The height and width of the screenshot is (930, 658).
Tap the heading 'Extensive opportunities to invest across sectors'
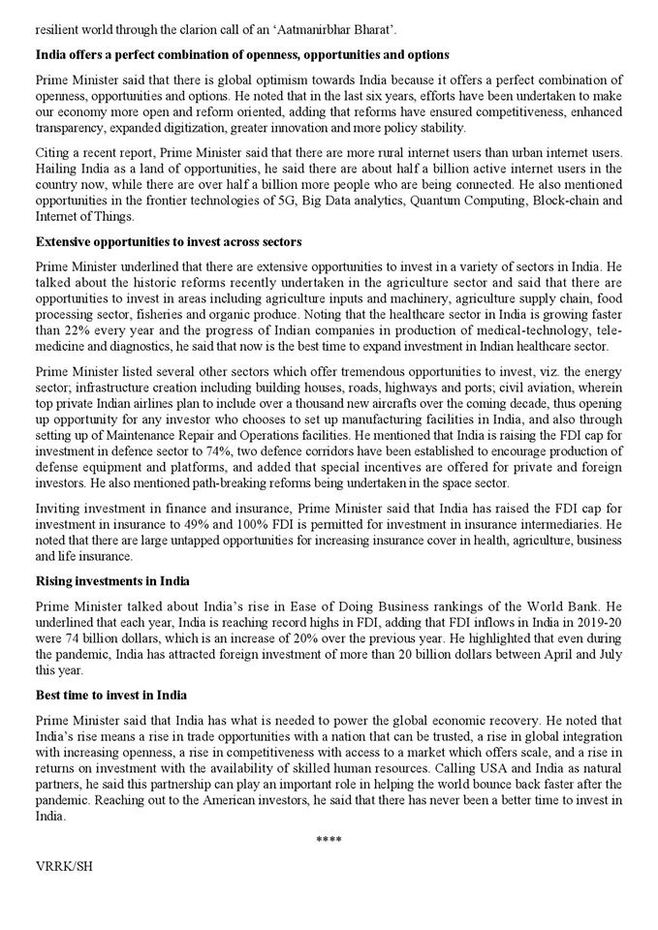tap(169, 241)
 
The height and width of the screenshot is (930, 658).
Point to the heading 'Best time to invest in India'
tap(112, 696)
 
